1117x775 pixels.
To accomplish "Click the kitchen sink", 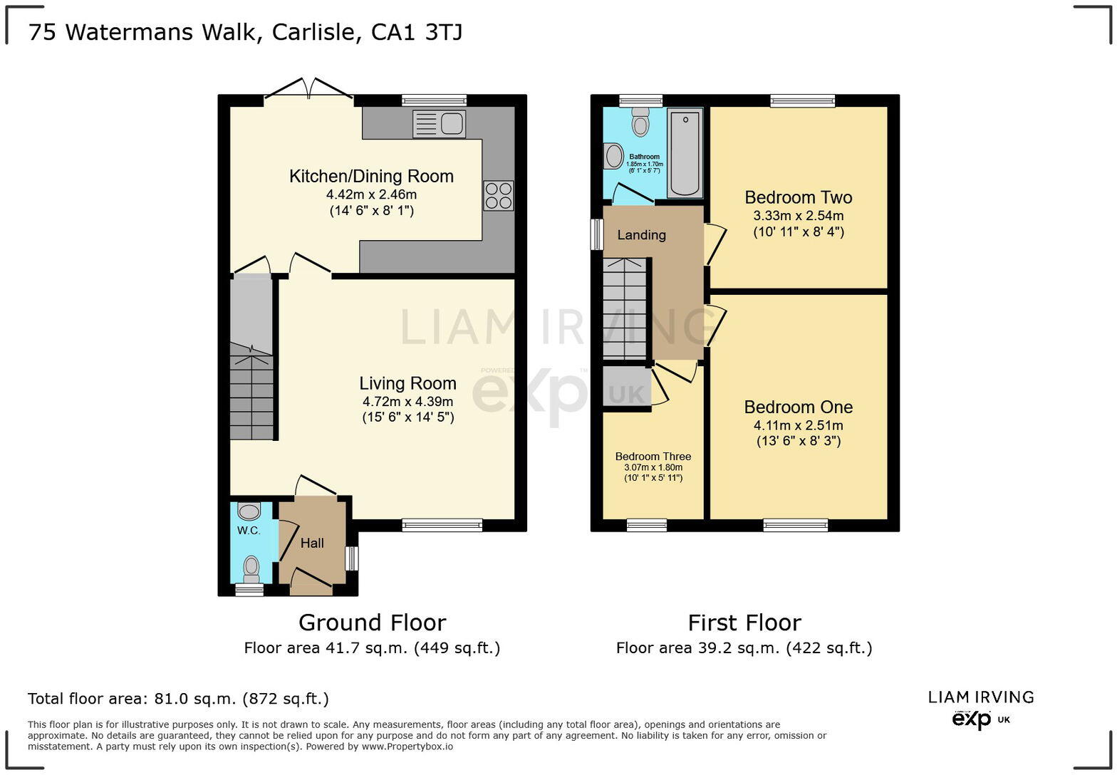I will [440, 124].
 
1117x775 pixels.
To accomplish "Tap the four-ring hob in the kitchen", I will [498, 195].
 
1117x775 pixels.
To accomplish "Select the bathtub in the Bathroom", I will [685, 152].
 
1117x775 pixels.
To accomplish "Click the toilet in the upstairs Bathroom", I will [640, 123].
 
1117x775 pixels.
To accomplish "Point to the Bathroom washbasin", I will [612, 156].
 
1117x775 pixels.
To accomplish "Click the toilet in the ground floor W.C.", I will [251, 568].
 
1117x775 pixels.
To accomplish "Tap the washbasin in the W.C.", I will [249, 511].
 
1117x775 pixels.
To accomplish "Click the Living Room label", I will [407, 384].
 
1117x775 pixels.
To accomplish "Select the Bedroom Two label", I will [798, 197].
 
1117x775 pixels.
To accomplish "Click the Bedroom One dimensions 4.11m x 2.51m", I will [798, 425].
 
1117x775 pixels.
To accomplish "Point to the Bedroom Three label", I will [653, 457].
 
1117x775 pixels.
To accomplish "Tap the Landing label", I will [641, 235].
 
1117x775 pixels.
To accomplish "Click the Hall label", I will [312, 543].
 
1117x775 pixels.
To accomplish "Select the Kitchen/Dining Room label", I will [371, 176].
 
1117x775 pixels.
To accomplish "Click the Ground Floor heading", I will [372, 623].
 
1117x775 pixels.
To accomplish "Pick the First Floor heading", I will [744, 623].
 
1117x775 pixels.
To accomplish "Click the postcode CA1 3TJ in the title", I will [417, 32].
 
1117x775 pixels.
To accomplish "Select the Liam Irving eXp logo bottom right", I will [980, 709].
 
